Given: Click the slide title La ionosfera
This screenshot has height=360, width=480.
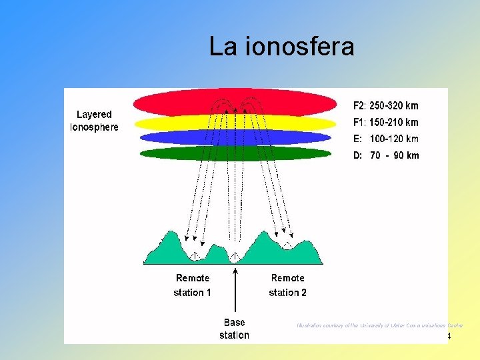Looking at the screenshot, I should point(281,47).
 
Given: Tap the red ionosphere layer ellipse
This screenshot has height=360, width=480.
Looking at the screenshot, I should point(173,104).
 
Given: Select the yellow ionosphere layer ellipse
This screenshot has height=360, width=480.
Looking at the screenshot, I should point(167,123).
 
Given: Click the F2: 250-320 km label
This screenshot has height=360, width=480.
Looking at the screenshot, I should point(385,105).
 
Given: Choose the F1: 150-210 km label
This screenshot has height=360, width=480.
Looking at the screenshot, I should point(385,122).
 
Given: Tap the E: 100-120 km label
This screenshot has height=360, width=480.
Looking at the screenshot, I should point(385,139).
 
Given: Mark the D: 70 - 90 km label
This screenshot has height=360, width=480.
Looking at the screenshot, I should point(385,155).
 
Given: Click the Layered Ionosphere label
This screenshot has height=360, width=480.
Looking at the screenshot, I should point(94,121).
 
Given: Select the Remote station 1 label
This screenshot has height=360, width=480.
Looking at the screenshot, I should point(193,285).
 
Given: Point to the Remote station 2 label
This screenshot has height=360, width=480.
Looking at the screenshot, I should point(287,285).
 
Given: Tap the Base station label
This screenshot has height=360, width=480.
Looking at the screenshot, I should point(234,329).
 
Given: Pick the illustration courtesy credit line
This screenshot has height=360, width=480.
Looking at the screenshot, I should point(379,325).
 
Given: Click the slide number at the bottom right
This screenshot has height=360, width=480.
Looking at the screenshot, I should point(449,337).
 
